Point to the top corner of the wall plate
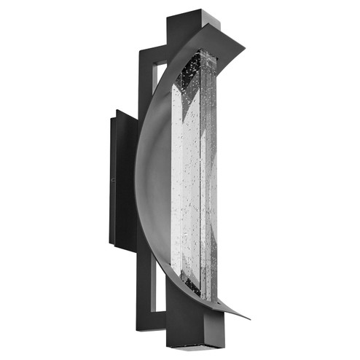click(x=116, y=110)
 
